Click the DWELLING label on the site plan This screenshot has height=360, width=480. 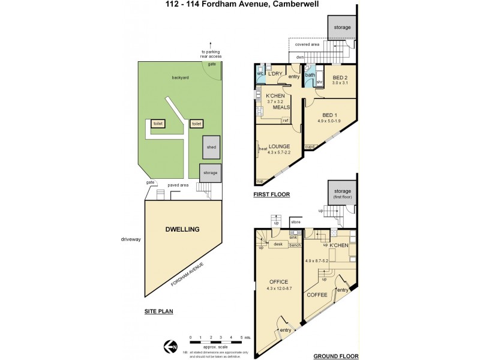[182, 230]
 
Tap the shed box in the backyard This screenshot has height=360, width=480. [211, 146]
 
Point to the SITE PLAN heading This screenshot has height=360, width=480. [159, 311]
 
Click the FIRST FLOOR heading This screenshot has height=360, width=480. [272, 194]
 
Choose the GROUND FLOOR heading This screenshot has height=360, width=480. [336, 355]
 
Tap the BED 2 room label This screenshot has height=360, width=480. [340, 78]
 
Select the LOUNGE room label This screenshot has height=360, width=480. [280, 146]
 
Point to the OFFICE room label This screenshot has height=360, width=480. [279, 281]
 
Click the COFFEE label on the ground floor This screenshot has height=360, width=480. [317, 295]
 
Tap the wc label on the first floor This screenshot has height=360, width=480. [260, 74]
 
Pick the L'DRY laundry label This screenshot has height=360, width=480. [275, 73]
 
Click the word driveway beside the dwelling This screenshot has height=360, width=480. [130, 239]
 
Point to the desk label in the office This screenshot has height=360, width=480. [278, 244]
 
